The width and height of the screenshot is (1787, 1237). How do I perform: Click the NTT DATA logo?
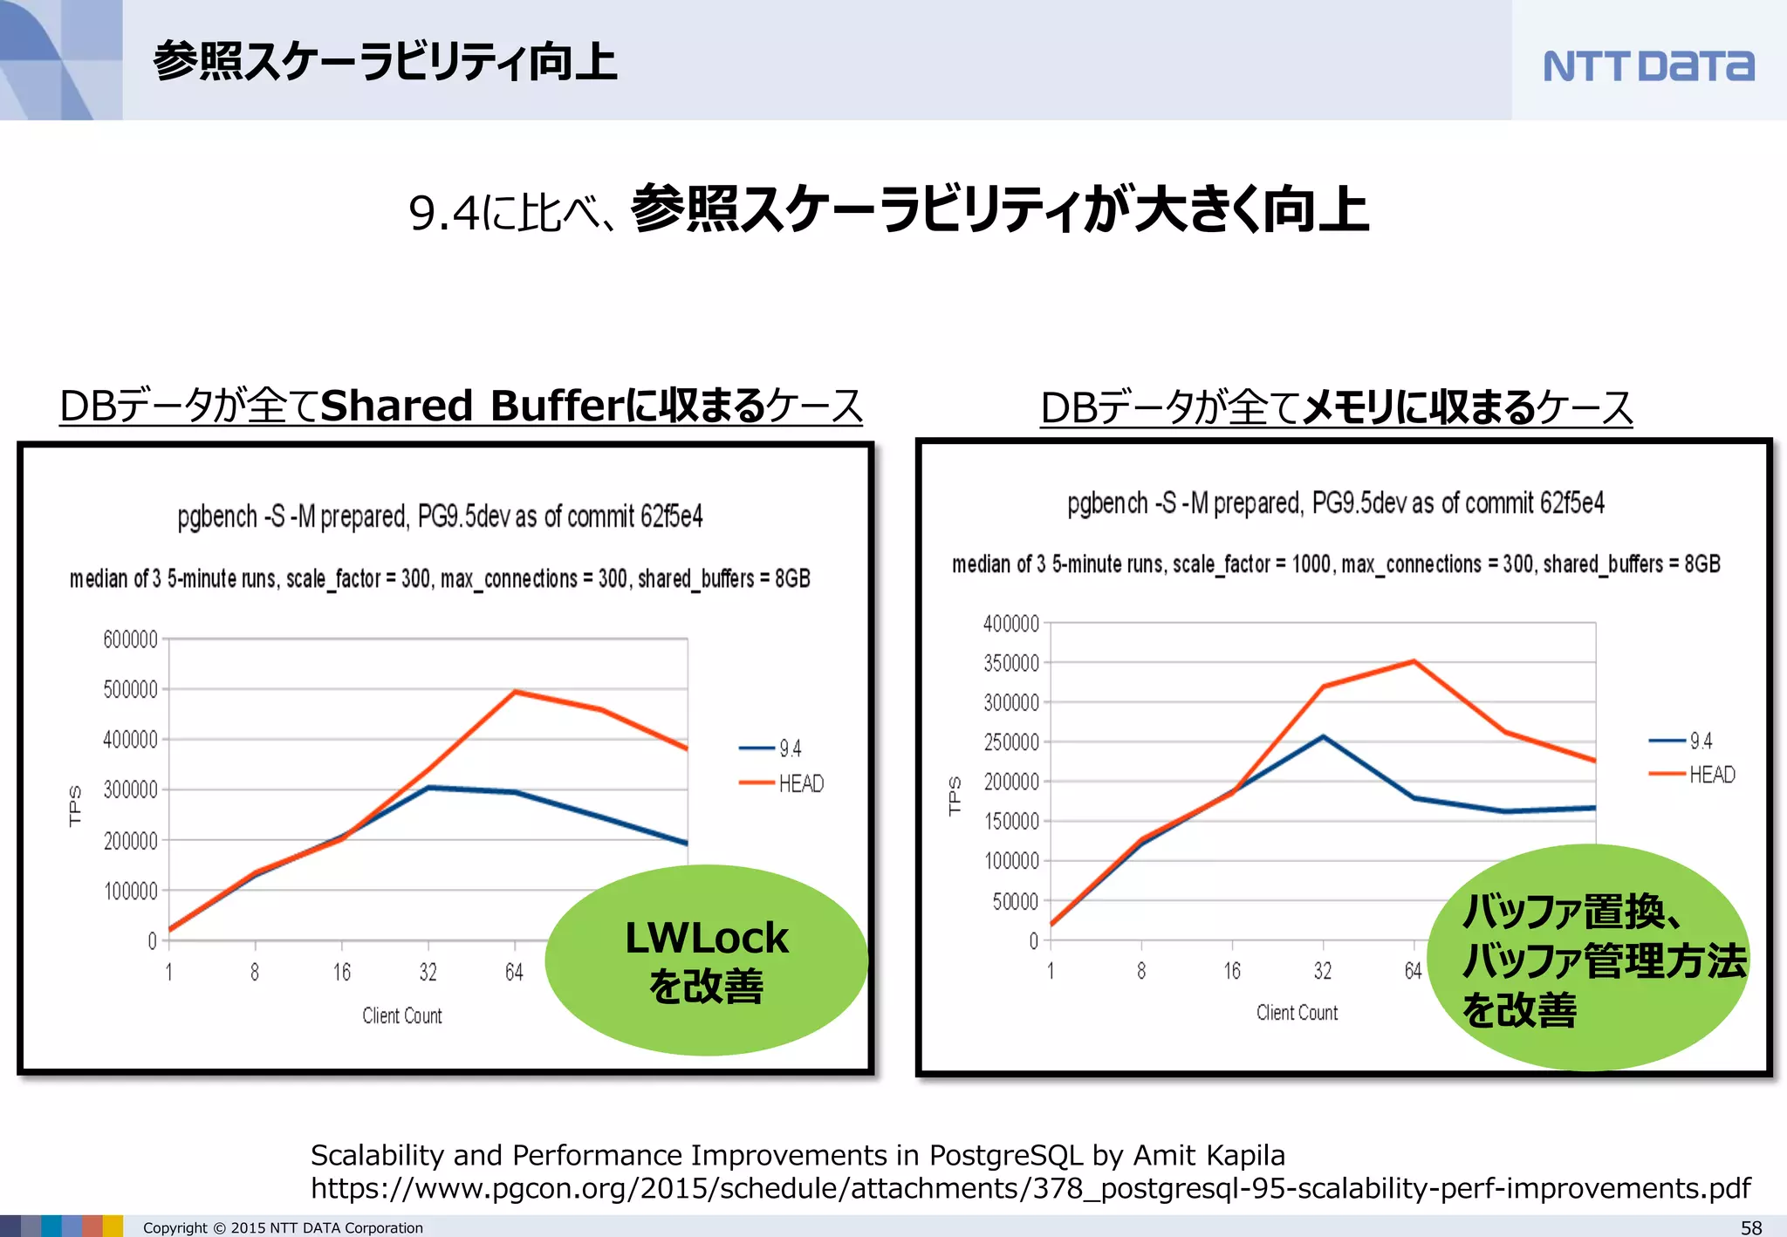tap(1647, 65)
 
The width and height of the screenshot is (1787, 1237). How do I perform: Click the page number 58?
tap(1751, 1227)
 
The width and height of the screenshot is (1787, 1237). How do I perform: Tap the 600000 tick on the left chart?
tap(130, 639)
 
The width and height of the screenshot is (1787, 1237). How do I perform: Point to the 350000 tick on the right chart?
tap(1011, 663)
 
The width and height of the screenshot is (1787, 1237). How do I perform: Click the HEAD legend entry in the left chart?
tap(800, 783)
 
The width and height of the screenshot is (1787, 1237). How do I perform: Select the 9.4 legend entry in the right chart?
tap(1700, 741)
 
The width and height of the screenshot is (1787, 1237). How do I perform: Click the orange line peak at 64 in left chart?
tap(515, 692)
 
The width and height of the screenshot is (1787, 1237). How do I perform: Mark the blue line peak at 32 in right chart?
tap(1323, 737)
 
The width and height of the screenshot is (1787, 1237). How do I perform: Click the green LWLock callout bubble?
tap(706, 960)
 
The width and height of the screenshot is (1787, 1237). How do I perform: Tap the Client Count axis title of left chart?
tap(402, 1015)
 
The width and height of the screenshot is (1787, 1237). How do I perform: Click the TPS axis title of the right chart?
tap(955, 796)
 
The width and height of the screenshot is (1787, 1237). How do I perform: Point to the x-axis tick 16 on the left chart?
tap(341, 972)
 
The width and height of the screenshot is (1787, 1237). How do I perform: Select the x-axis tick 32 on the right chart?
tap(1323, 971)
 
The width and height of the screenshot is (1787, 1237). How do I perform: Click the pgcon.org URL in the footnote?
tap(1030, 1188)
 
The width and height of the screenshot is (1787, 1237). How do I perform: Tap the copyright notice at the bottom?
tap(283, 1227)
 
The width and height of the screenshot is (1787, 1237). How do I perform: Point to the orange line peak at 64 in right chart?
tap(1414, 662)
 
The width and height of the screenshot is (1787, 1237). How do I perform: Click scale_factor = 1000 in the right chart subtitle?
tap(1251, 564)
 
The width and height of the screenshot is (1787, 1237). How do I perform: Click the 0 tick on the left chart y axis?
tap(152, 941)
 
